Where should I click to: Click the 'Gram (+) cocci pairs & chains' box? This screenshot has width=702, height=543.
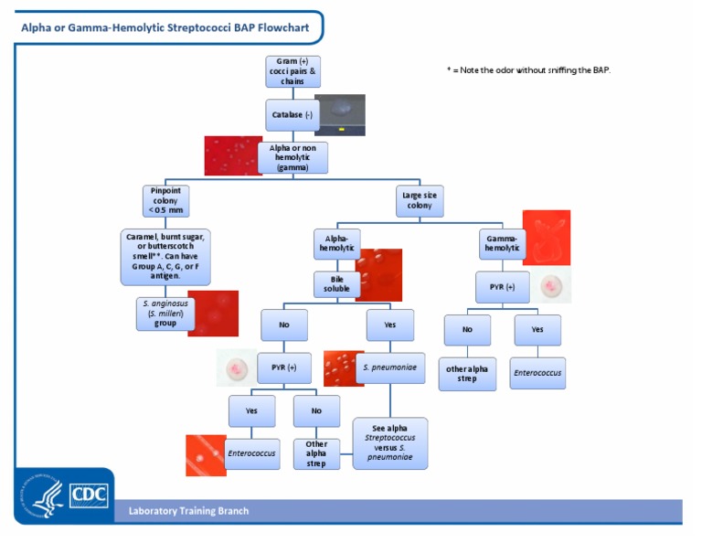[292, 71]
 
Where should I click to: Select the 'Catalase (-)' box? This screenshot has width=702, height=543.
[292, 115]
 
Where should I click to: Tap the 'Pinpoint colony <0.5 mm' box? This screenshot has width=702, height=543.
[166, 200]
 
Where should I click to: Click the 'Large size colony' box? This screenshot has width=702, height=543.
[420, 200]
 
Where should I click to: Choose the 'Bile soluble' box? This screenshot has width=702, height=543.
[335, 283]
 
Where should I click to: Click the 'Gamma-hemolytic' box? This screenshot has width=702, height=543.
[502, 242]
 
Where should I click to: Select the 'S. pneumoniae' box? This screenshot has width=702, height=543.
[390, 367]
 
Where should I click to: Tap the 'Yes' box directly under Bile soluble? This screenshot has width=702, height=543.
[390, 325]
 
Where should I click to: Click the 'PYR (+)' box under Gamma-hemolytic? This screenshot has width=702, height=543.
[502, 287]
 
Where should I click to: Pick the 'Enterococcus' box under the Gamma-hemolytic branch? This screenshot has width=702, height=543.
[537, 373]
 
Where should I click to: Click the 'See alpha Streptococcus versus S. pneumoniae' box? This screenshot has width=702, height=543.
[390, 442]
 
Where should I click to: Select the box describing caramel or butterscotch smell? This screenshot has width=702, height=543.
[165, 256]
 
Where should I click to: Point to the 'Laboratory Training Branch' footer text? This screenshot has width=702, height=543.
[187, 511]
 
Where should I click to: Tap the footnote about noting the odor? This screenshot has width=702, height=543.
[527, 69]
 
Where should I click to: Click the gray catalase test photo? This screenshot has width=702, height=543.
[340, 114]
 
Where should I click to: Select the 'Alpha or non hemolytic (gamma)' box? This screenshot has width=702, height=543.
[292, 157]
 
